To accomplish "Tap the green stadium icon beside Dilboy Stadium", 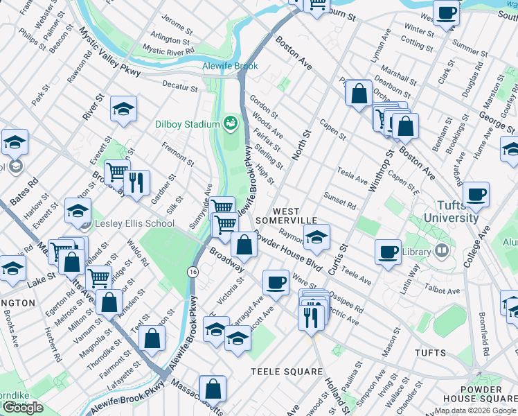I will coord(230,124).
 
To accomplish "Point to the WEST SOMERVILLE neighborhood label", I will coord(286,216).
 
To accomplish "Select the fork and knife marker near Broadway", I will coord(136,182).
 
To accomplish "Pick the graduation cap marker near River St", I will coord(123,108).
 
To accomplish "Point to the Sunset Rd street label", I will coord(340,201).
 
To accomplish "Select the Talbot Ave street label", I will coord(445,289).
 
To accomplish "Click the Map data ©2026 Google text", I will coord(475,410).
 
